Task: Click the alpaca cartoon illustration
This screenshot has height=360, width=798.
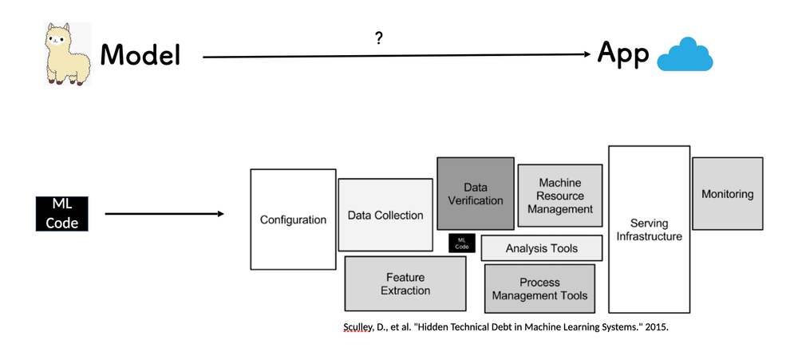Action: tap(68, 53)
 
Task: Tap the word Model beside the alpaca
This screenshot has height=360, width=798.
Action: tap(140, 55)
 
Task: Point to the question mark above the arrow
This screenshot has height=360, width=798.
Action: tap(380, 38)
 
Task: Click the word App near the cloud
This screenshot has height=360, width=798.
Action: tap(622, 55)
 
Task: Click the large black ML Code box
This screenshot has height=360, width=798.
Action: tap(61, 214)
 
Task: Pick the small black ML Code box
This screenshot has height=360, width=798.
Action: tap(462, 243)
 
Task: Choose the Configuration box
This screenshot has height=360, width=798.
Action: tap(293, 220)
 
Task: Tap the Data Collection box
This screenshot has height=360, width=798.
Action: tap(385, 215)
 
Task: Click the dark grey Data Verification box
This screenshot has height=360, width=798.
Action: tap(475, 194)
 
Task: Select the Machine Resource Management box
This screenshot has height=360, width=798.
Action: tap(559, 196)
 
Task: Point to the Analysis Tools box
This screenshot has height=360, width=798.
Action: tap(541, 248)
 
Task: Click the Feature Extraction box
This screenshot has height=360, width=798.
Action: tap(405, 283)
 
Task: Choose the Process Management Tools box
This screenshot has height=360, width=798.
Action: tap(539, 288)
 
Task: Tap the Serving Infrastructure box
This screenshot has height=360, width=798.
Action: tap(649, 229)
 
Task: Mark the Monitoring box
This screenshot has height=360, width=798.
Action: tap(727, 194)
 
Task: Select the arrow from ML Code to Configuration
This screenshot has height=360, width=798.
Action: tap(164, 214)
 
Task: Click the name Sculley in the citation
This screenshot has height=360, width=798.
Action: tap(357, 327)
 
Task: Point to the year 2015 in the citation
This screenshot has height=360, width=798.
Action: tap(654, 327)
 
